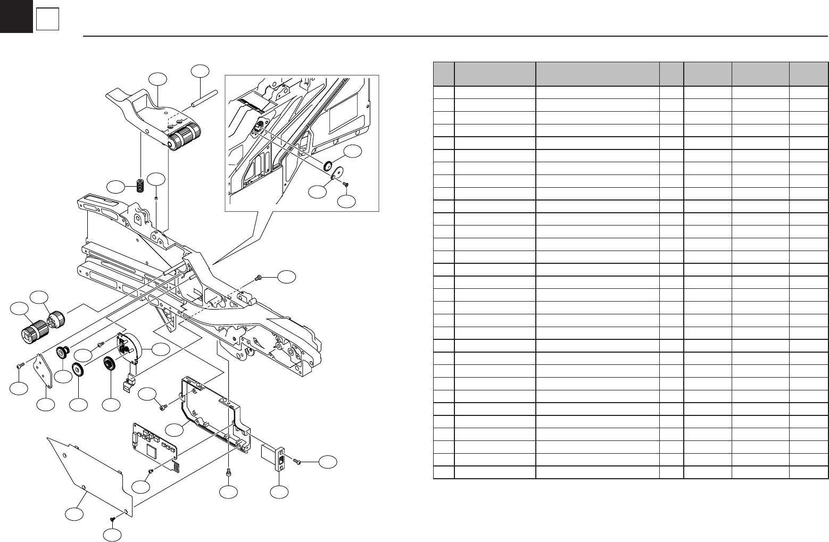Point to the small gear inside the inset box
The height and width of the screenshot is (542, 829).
coord(328,165)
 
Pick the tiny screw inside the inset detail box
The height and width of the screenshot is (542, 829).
coord(346,184)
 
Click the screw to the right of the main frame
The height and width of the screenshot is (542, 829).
coord(259,278)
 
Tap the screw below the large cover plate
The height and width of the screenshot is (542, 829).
coord(113,519)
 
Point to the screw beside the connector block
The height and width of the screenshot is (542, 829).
coord(297,461)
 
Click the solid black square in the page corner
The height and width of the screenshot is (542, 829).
coord(16,16)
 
